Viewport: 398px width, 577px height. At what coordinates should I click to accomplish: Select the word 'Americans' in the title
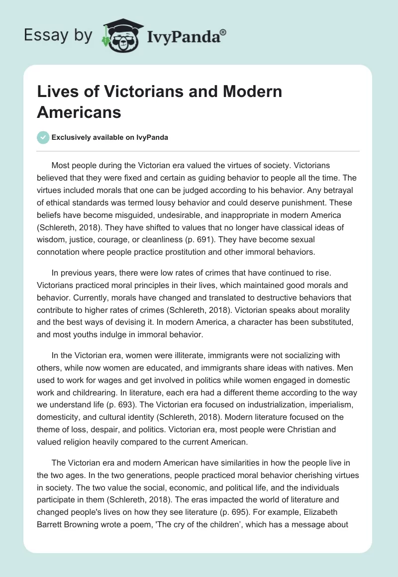[79, 112]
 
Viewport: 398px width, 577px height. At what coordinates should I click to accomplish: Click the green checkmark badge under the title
[43, 138]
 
